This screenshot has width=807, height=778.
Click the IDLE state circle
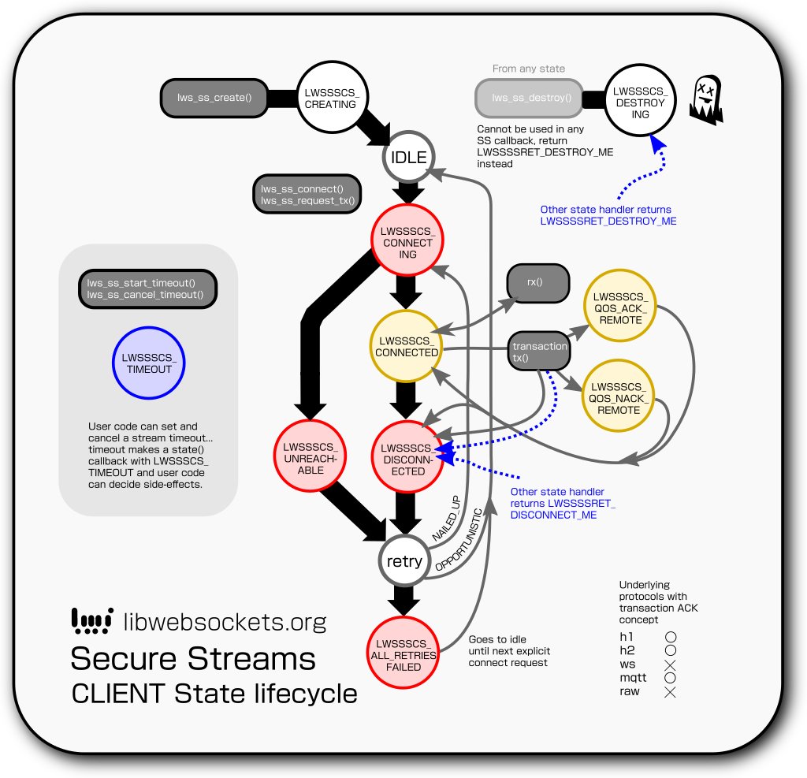[408, 158]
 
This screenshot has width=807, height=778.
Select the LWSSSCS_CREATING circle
[330, 97]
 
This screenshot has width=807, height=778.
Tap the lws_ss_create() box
[214, 98]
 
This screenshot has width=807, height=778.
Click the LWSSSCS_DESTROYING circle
[640, 102]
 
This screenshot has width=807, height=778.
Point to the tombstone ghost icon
[706, 100]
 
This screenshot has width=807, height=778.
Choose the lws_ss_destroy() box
[529, 99]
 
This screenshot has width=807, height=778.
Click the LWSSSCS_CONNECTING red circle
[407, 242]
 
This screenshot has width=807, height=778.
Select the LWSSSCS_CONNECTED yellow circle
[407, 346]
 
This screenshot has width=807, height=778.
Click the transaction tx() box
[539, 352]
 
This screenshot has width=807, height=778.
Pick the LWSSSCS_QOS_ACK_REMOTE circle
[619, 308]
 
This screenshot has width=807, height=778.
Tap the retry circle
[405, 561]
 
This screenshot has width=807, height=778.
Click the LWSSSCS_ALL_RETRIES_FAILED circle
[403, 653]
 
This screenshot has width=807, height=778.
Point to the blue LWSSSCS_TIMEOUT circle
[148, 363]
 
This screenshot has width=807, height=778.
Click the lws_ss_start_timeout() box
[147, 289]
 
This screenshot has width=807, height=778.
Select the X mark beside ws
[671, 664]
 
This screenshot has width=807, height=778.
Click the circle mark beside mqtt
[671, 678]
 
